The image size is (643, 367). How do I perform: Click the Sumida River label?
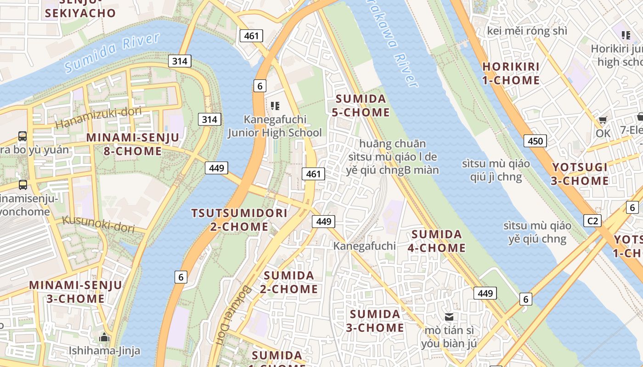click(x=113, y=52)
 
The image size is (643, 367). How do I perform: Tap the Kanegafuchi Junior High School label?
click(x=275, y=126)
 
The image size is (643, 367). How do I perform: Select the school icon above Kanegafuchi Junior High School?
click(x=275, y=106)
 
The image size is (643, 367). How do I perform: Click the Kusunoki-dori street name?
click(x=97, y=223)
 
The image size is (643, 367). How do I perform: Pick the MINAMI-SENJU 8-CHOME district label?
click(x=133, y=144)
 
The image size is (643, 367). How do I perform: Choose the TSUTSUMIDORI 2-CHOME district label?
click(x=239, y=220)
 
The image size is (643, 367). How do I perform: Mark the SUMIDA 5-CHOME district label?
click(x=362, y=106)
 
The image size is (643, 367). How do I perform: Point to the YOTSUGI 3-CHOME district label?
click(x=580, y=174)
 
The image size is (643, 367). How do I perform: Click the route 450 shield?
click(x=536, y=141)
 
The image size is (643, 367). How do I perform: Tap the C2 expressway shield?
click(x=593, y=221)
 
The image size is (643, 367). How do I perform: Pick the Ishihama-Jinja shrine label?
click(x=104, y=351)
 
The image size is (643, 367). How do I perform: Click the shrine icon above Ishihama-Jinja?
click(x=104, y=337)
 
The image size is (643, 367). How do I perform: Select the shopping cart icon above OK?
click(x=603, y=120)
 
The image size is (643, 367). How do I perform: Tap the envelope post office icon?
click(x=449, y=317)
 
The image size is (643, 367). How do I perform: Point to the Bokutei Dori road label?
click(x=232, y=315)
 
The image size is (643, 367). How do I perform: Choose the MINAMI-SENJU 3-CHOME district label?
click(x=76, y=292)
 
